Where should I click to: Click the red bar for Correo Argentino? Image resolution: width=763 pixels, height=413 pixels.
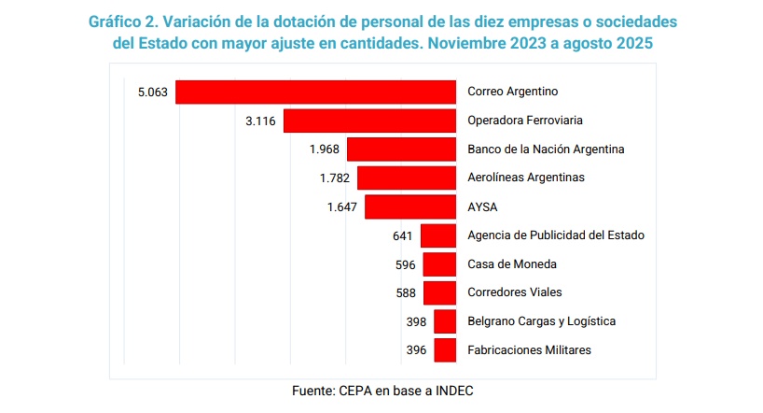(x=315, y=92)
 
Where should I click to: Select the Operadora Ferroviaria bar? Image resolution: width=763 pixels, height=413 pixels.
(x=369, y=121)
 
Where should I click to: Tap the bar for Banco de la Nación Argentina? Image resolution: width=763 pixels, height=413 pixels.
(x=401, y=150)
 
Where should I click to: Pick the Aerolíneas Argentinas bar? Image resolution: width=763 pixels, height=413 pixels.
(x=406, y=178)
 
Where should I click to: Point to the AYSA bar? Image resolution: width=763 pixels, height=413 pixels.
(x=409, y=206)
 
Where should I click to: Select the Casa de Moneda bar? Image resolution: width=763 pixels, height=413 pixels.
(x=439, y=264)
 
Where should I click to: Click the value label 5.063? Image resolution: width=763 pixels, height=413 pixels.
(x=151, y=93)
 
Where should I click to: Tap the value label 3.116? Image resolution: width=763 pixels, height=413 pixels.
(x=259, y=121)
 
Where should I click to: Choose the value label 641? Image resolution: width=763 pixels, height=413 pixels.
(x=404, y=235)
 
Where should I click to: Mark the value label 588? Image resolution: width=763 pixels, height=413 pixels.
(x=406, y=293)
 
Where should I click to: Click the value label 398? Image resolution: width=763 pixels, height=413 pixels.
(x=416, y=321)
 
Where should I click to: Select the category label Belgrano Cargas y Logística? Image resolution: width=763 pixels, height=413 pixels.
(x=541, y=321)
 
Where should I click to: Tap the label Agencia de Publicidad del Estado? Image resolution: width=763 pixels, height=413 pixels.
(x=556, y=235)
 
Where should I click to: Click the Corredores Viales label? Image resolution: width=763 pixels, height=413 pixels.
(x=515, y=292)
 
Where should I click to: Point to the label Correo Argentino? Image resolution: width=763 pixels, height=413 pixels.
(x=512, y=92)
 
